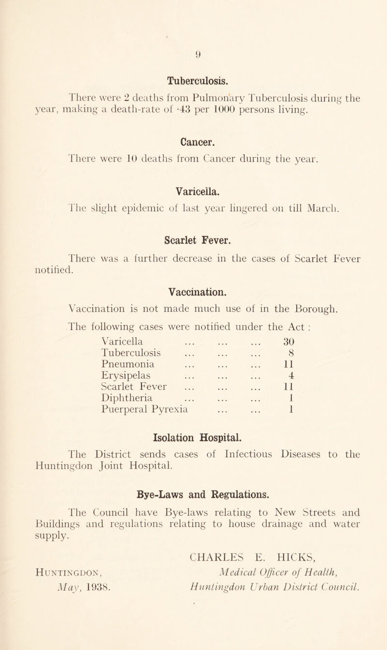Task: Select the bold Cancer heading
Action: pyautogui.click(x=193, y=130)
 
